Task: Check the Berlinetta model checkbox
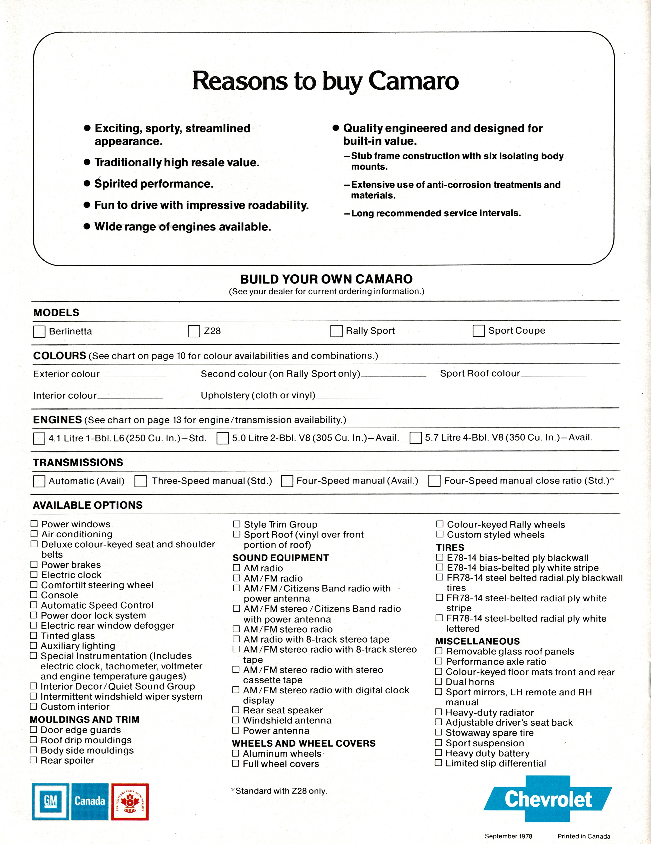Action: [39, 331]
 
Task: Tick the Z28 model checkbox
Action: [194, 331]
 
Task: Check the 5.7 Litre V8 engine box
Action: [415, 438]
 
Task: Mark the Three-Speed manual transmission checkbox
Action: [140, 481]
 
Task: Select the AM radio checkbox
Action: [237, 568]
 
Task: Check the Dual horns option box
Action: [439, 681]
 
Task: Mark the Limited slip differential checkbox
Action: [438, 763]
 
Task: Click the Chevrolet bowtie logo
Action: [548, 799]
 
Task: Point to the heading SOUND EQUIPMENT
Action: [281, 558]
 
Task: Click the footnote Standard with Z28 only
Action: [279, 791]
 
